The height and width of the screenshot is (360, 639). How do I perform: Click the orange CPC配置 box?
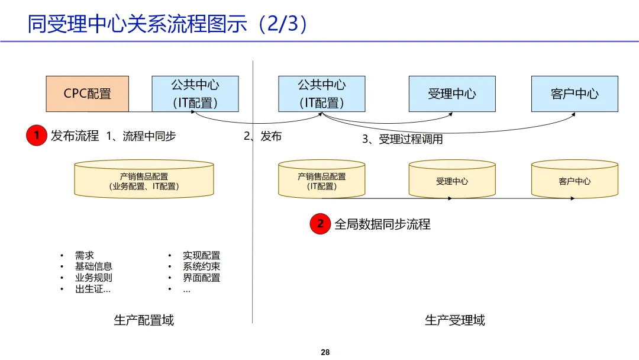tap(88, 94)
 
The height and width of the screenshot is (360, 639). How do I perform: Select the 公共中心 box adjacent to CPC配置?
tap(195, 94)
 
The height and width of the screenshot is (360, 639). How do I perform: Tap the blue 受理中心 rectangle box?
tap(452, 94)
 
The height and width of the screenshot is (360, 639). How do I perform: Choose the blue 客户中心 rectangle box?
tap(575, 94)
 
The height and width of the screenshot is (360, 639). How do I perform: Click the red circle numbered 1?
tap(36, 136)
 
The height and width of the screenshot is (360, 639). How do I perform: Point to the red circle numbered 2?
tap(320, 224)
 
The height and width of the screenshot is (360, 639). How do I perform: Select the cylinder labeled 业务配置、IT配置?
tap(144, 181)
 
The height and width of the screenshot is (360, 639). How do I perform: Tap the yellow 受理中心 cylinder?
tap(452, 181)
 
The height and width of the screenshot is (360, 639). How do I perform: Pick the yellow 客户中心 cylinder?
tap(575, 181)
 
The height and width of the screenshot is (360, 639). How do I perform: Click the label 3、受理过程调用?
tap(402, 140)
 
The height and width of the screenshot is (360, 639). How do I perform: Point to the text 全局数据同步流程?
tap(382, 224)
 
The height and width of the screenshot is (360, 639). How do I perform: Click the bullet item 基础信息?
tap(93, 266)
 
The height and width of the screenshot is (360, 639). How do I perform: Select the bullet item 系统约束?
tap(201, 266)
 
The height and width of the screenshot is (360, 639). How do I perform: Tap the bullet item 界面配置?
tap(201, 278)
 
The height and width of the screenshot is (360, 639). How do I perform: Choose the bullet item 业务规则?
tap(93, 278)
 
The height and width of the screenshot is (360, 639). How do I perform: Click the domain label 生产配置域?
tap(144, 320)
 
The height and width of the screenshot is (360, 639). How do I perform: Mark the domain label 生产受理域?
tap(454, 320)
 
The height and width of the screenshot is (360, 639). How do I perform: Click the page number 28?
tap(325, 352)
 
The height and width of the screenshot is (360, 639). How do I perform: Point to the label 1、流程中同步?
tap(141, 136)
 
